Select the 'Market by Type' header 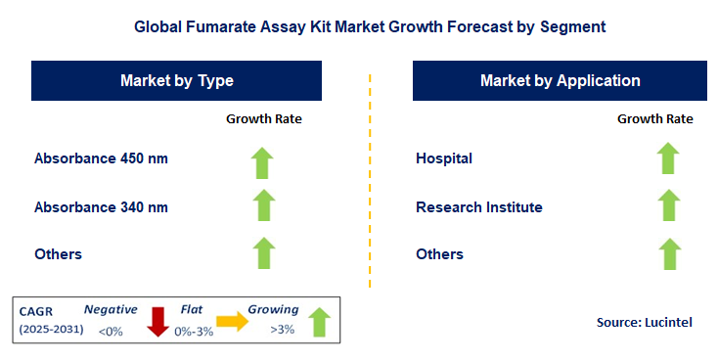point(176,80)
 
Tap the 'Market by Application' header point(560,80)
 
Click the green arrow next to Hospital point(668,158)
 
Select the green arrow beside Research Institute point(668,206)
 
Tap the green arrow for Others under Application point(668,253)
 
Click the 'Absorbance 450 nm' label point(93,158)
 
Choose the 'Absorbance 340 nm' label point(93,206)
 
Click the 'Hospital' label point(444,158)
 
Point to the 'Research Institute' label point(478,206)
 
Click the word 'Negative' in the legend point(111,309)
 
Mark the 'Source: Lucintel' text point(644,321)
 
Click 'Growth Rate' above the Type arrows point(264,118)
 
